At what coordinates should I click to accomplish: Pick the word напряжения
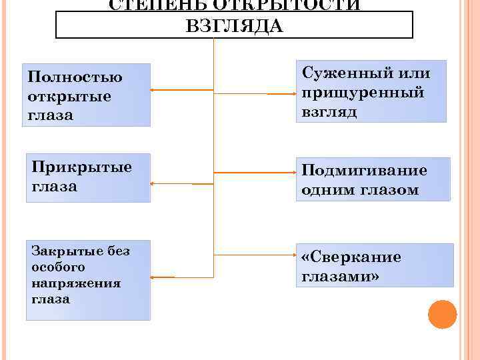76,283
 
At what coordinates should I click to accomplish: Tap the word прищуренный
363,93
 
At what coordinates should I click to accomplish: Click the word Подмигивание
364,171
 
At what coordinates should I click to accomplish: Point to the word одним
326,190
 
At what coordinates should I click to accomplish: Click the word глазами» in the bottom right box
340,277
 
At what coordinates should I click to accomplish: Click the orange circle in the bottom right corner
442,314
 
